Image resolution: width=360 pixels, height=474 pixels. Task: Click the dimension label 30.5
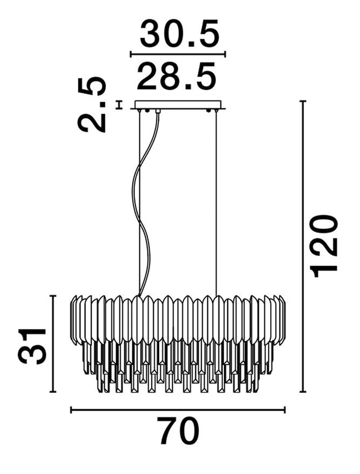pos(179,33)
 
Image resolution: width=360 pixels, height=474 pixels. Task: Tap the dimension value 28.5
pos(177,76)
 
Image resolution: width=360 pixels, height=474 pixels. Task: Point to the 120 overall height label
pos(325,246)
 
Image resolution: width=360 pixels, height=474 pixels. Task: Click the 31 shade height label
pos(32,346)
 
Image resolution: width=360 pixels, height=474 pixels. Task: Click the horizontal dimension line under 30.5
pos(178,55)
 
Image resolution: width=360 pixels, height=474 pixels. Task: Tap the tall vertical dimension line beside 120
pos(303,246)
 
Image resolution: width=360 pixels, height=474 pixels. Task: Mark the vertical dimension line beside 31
pos(53,344)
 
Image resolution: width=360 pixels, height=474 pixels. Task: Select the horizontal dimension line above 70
pos(178,410)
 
